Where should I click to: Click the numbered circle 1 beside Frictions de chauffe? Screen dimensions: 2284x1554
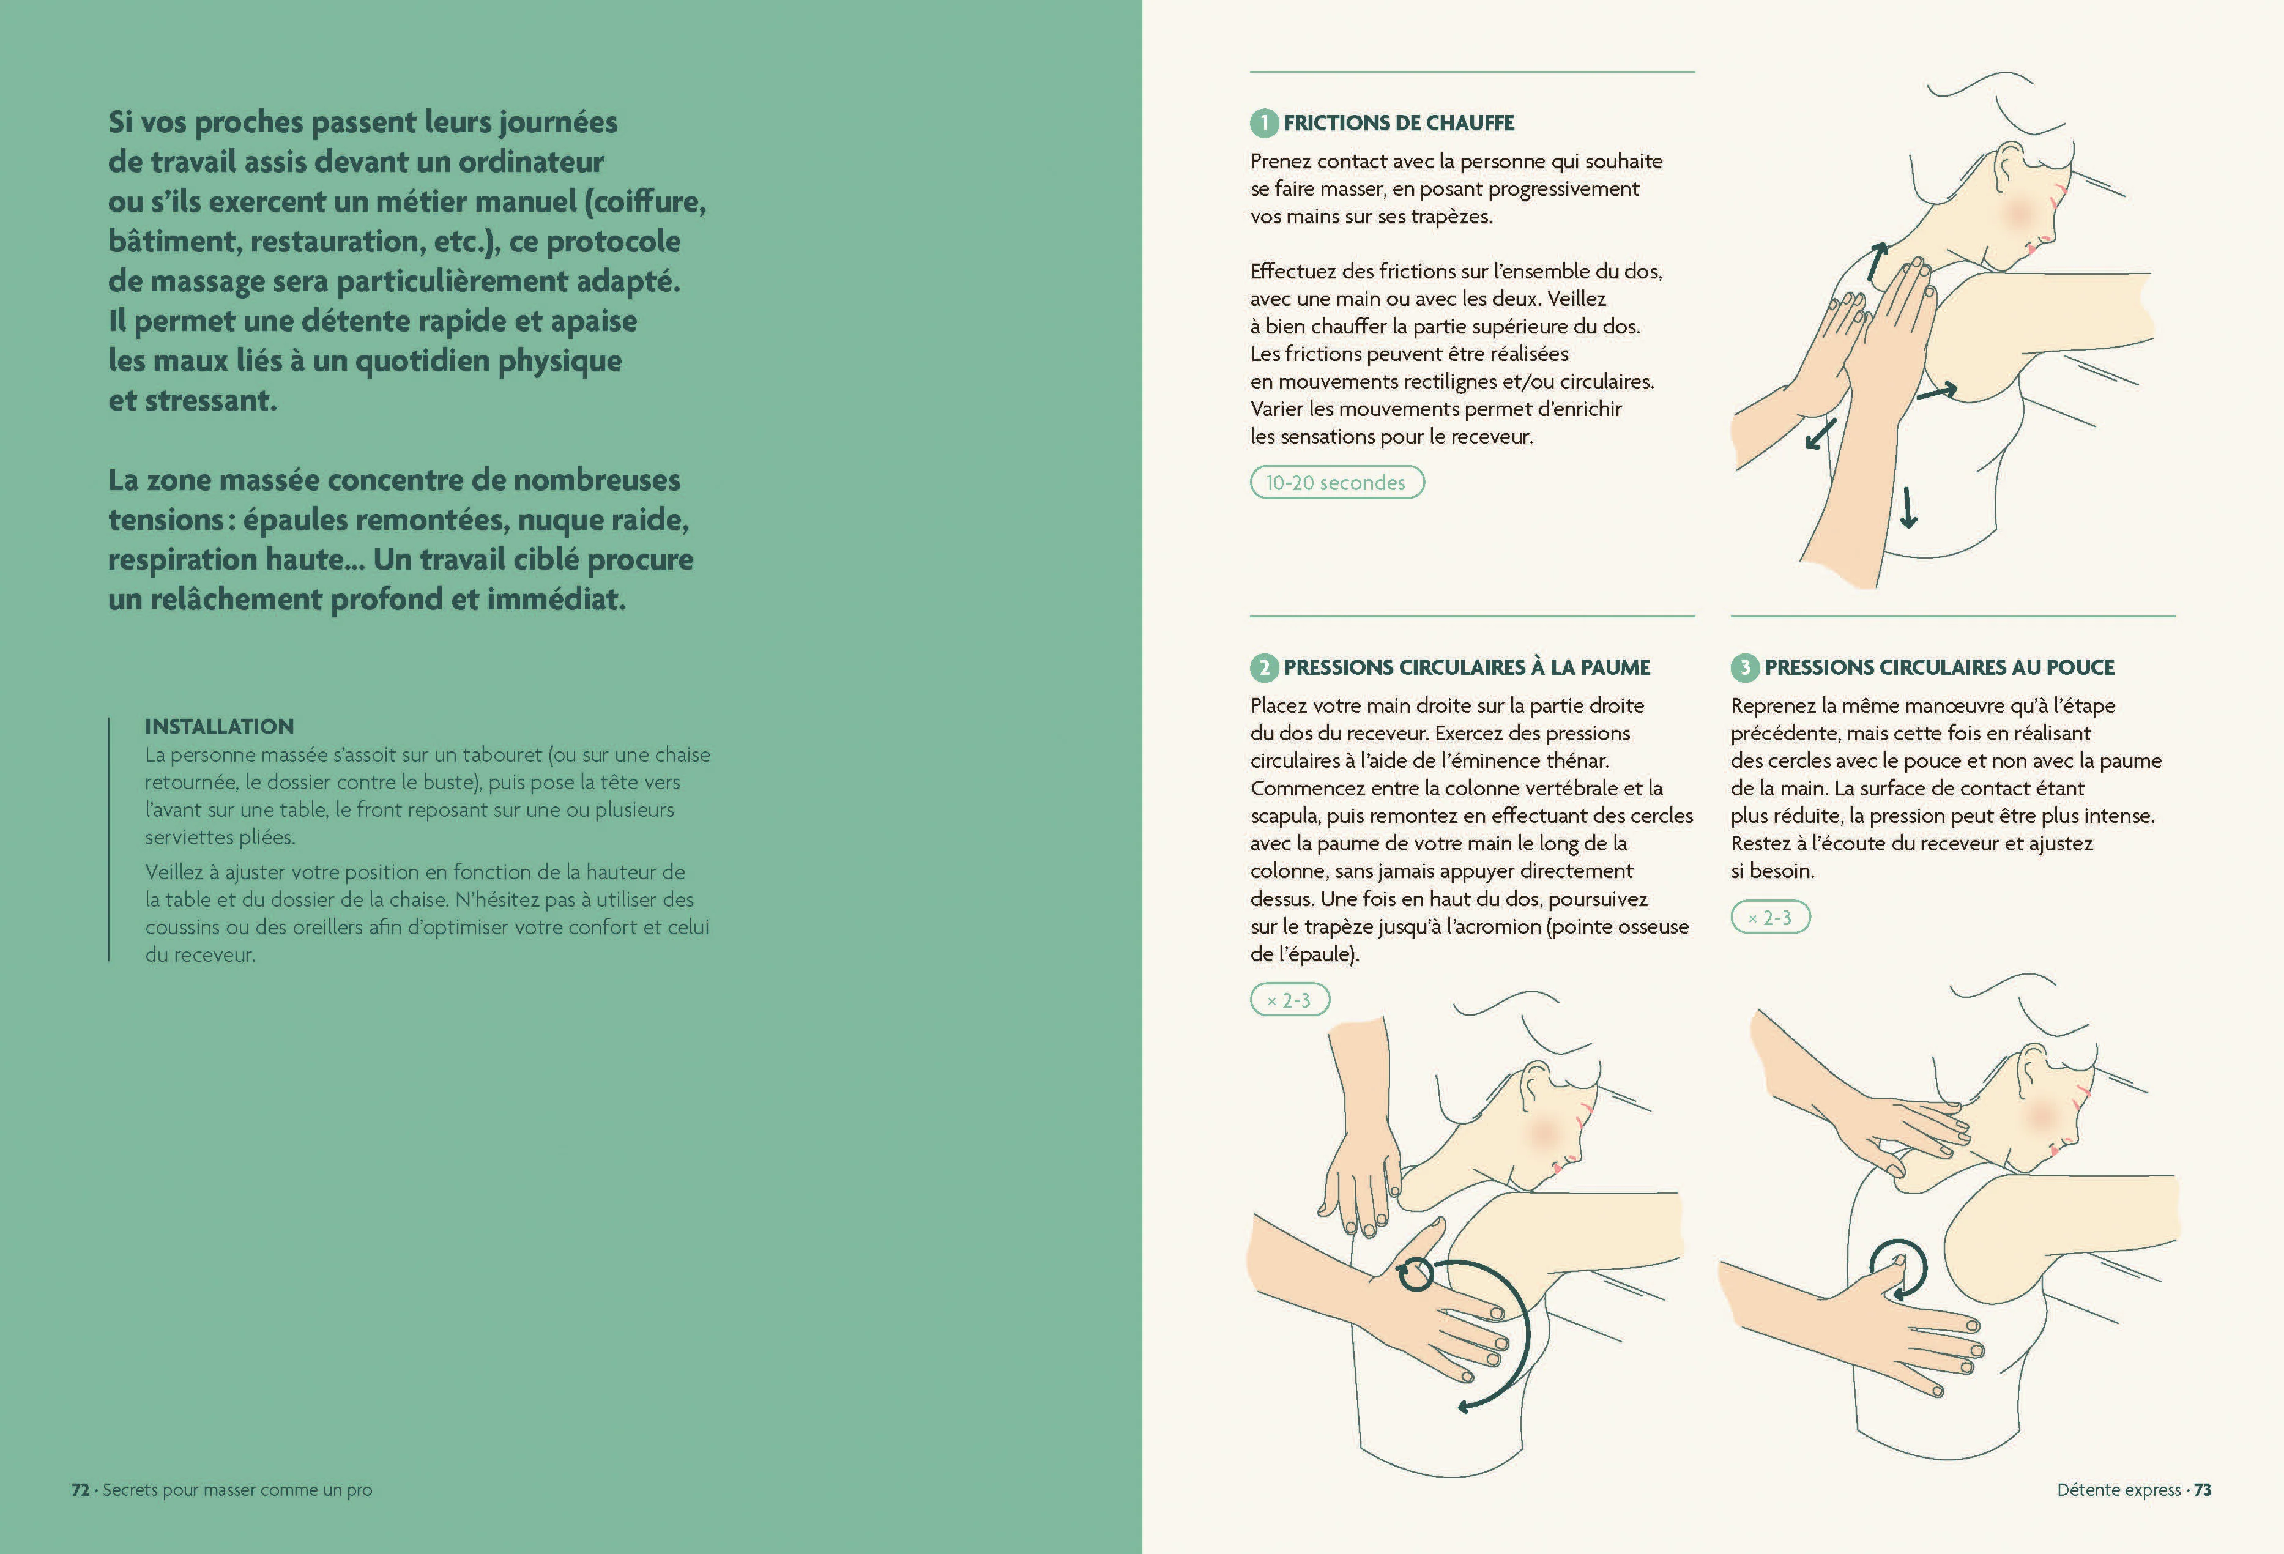click(x=1264, y=123)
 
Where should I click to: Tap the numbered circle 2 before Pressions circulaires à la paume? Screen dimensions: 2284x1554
click(x=1264, y=667)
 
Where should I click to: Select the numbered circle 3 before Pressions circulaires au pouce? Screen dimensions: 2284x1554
click(x=1744, y=667)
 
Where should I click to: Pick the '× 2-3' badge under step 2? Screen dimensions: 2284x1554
click(x=1289, y=1000)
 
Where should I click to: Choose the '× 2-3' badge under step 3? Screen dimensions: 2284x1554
click(x=1770, y=917)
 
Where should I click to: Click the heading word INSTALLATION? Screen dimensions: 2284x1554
click(x=219, y=726)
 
